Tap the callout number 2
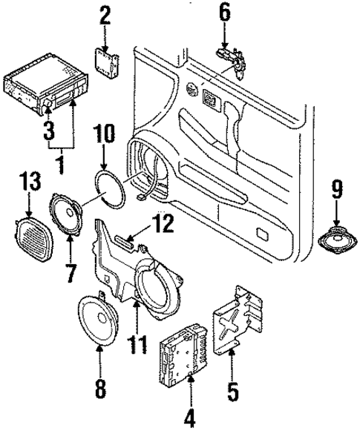point(105,14)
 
